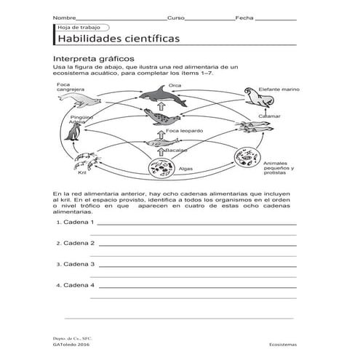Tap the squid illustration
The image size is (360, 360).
pos(252,128)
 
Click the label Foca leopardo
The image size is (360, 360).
pos(184,131)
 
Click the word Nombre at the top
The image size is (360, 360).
pos(63,17)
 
